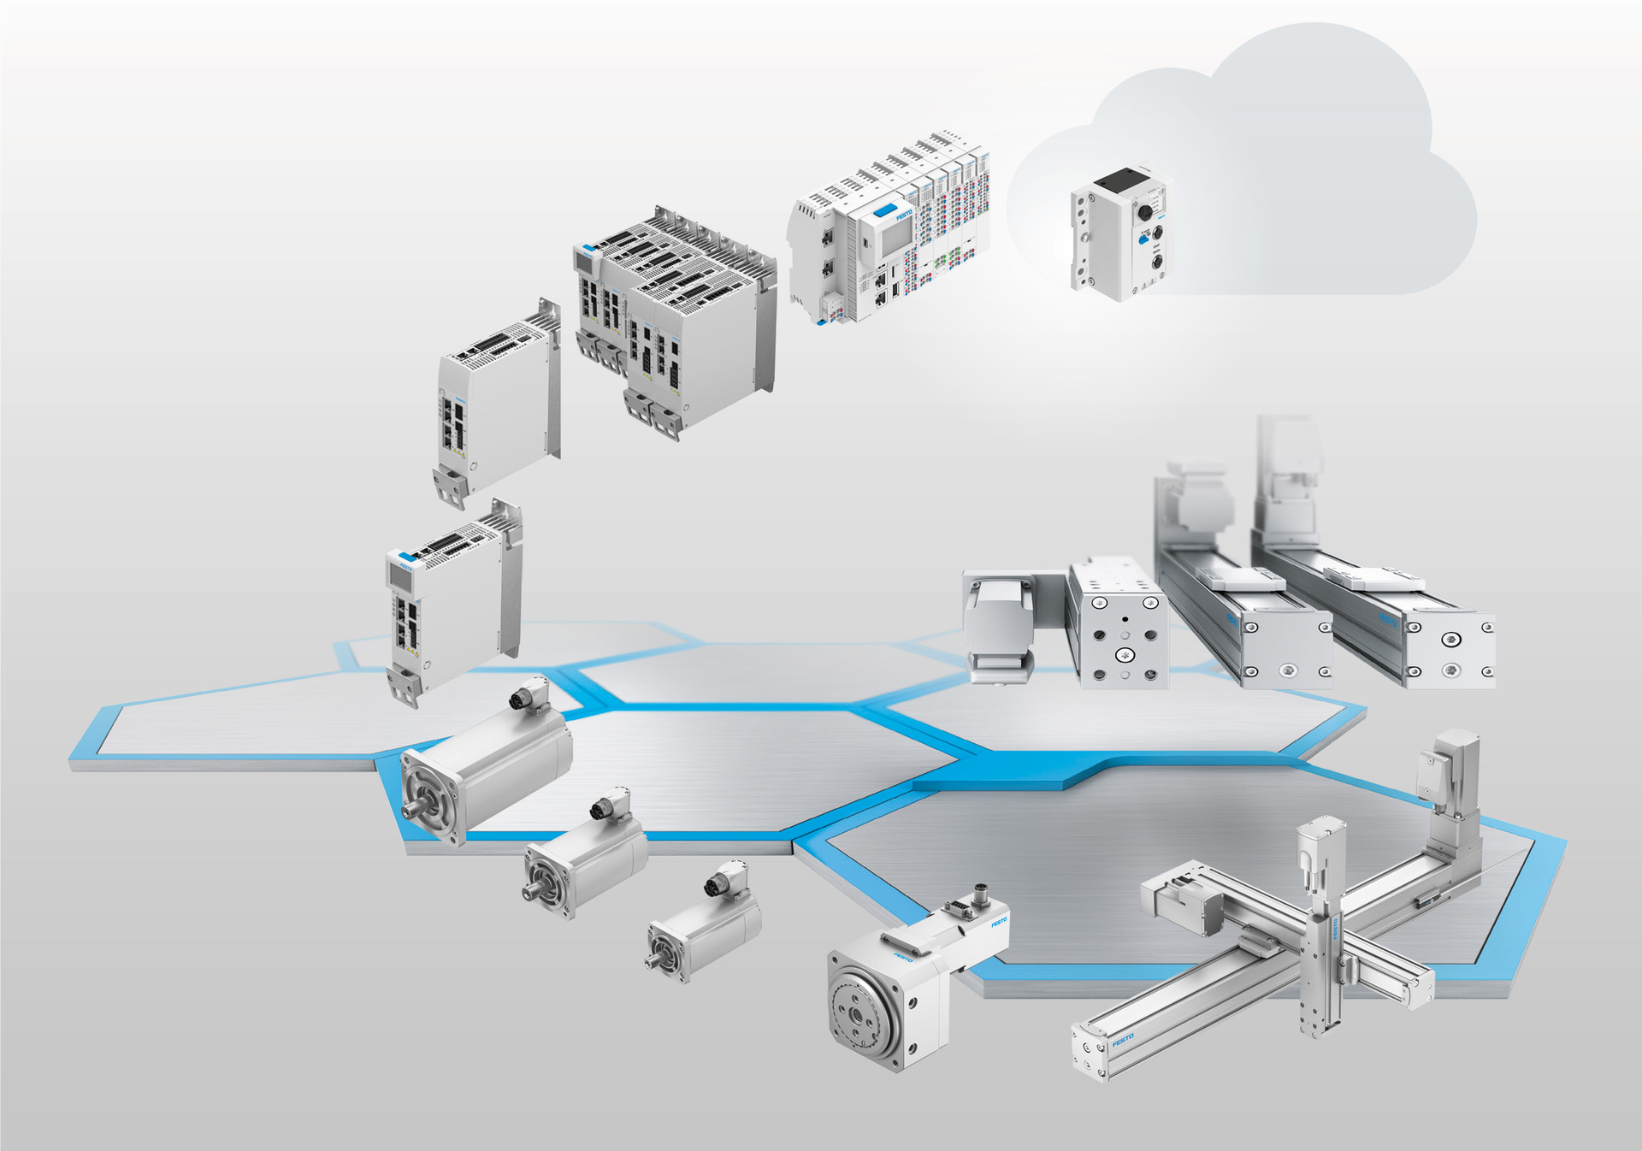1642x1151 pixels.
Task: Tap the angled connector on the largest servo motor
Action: tap(530, 694)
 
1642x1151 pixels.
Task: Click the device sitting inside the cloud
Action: tap(1119, 233)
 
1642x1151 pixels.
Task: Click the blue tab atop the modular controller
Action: tap(885, 209)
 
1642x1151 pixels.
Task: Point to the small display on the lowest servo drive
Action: tap(400, 575)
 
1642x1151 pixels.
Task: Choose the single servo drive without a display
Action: tap(496, 402)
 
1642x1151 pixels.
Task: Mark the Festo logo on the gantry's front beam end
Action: tap(1122, 1040)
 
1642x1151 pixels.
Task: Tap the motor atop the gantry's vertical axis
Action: tap(1320, 850)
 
